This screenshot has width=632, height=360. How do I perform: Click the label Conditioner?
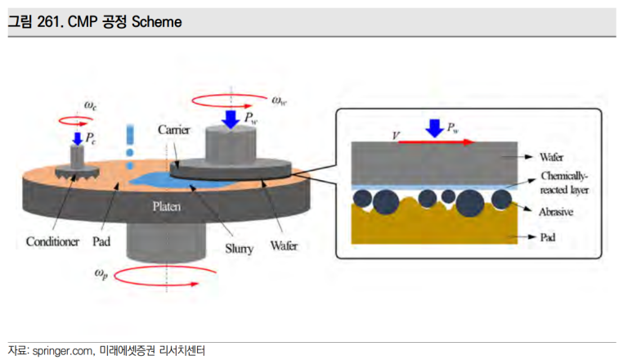tap(52, 241)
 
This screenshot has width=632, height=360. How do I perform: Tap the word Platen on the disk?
tap(167, 206)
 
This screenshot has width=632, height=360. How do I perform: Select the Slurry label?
tap(240, 249)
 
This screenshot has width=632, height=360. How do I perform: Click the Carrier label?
tap(173, 130)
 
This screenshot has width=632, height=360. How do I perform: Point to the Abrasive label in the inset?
tap(556, 212)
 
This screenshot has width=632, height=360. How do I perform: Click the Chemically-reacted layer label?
tap(564, 182)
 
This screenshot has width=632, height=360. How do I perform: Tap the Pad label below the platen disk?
tap(101, 241)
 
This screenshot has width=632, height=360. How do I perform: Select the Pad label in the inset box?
tap(548, 237)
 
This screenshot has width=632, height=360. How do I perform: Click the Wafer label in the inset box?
tap(551, 157)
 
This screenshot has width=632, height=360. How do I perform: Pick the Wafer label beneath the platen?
tap(284, 245)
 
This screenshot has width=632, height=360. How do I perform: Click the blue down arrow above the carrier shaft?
tap(231, 119)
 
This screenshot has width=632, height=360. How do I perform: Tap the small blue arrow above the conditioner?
tap(77, 138)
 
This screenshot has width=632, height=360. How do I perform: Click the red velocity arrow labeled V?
tap(436, 142)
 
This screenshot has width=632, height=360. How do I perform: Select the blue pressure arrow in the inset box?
tap(434, 128)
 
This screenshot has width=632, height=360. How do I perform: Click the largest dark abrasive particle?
tap(470, 203)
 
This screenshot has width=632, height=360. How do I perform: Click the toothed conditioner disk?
tap(77, 172)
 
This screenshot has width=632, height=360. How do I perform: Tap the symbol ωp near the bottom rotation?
tap(101, 273)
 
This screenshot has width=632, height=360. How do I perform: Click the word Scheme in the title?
tap(157, 22)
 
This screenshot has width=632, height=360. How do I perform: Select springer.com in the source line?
tap(62, 351)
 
